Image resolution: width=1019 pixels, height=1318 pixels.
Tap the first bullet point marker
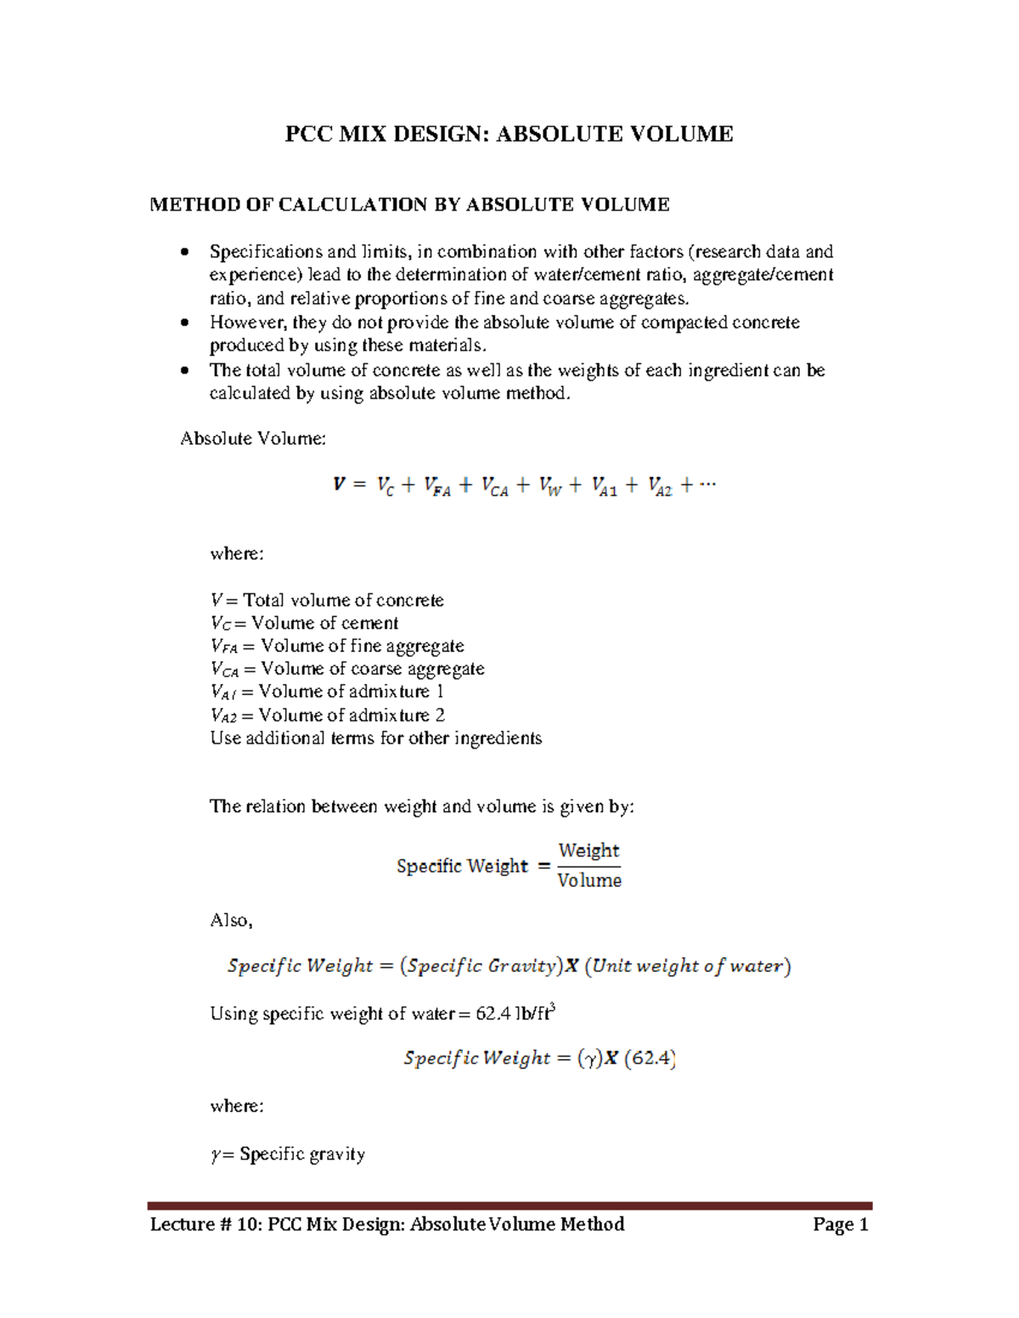(185, 252)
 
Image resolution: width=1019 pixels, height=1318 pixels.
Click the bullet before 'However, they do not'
(185, 323)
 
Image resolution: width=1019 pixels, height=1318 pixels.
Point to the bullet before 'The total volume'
(185, 371)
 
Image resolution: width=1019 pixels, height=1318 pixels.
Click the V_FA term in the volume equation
(436, 486)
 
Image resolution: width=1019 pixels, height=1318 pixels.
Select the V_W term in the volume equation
(549, 486)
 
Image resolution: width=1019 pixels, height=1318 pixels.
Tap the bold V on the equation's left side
(339, 485)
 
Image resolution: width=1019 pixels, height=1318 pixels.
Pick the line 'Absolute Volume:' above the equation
(253, 439)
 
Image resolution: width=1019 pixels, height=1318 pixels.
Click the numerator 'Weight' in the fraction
(588, 850)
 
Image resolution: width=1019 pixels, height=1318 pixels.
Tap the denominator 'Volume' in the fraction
(589, 881)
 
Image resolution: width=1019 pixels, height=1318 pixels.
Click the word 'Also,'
(231, 920)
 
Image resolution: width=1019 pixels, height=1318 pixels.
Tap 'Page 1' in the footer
(840, 1224)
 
